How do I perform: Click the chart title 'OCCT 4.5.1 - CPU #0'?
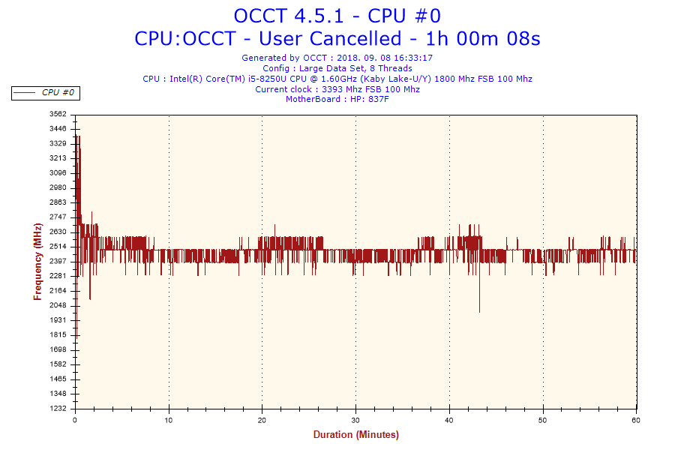tap(337, 16)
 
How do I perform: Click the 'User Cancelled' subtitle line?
tap(337, 38)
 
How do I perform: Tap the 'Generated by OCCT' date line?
tap(337, 58)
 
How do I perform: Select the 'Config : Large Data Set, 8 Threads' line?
tap(337, 68)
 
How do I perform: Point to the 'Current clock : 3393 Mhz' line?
tap(337, 89)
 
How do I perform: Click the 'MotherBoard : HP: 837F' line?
tap(337, 100)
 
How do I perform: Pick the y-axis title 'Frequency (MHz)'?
tap(37, 262)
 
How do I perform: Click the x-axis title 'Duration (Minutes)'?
tap(355, 435)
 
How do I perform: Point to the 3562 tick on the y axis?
tap(58, 114)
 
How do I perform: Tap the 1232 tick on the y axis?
tap(58, 408)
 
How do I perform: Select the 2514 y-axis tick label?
tap(58, 246)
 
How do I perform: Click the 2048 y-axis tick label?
tap(58, 305)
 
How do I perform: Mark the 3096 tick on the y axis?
tap(58, 172)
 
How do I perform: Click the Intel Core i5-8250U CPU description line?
tap(337, 79)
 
